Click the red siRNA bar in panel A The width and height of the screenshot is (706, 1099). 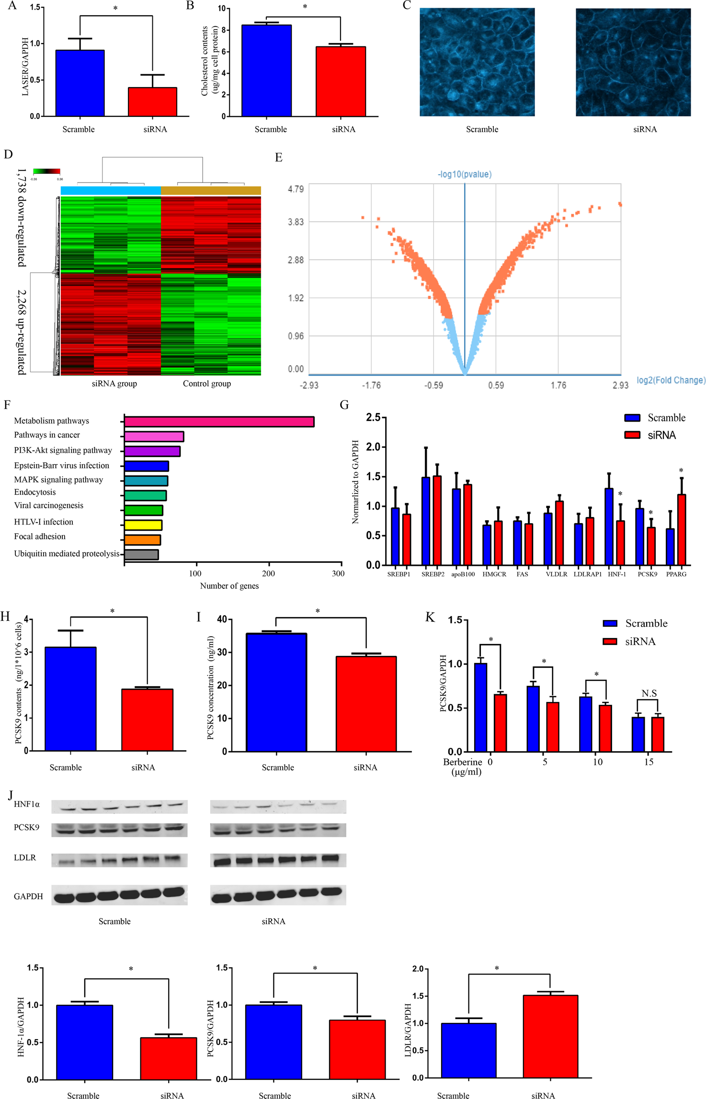152,102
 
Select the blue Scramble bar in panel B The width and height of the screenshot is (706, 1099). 266,70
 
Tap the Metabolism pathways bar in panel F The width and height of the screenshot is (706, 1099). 219,422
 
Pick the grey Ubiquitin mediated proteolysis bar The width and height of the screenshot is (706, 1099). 141,555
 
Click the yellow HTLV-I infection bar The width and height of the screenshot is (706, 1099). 143,525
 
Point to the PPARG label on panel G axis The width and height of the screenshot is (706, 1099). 676,574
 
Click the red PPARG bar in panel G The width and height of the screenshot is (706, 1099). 681,529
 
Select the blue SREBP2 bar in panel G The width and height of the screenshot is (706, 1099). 426,521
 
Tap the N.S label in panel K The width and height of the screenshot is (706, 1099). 649,693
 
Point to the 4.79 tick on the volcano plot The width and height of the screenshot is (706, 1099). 296,189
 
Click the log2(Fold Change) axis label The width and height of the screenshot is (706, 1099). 671,380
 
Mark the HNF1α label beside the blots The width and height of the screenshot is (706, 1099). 27,804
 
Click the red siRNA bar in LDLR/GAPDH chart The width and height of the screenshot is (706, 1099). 550,1036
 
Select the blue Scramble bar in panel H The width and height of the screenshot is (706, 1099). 70,698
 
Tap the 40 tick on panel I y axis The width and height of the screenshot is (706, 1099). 221,619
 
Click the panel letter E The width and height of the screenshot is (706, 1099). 279,158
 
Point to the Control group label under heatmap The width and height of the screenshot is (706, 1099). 206,383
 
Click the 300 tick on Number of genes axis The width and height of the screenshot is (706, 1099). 338,573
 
